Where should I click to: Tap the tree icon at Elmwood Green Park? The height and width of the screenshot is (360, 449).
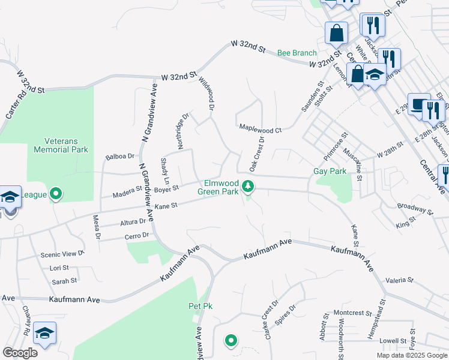click(x=248, y=187)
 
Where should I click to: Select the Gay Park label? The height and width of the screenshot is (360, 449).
click(x=330, y=171)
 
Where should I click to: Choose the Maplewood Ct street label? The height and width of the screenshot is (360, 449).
click(x=260, y=128)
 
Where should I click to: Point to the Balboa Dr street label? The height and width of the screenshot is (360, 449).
click(x=119, y=157)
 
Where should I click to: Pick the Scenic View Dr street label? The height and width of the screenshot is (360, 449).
click(x=63, y=254)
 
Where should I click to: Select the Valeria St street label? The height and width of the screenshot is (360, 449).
click(x=400, y=280)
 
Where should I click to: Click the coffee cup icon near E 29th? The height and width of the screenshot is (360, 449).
click(x=419, y=103)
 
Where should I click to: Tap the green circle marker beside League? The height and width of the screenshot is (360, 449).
click(x=56, y=194)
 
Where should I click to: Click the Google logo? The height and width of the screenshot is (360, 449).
click(x=20, y=353)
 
